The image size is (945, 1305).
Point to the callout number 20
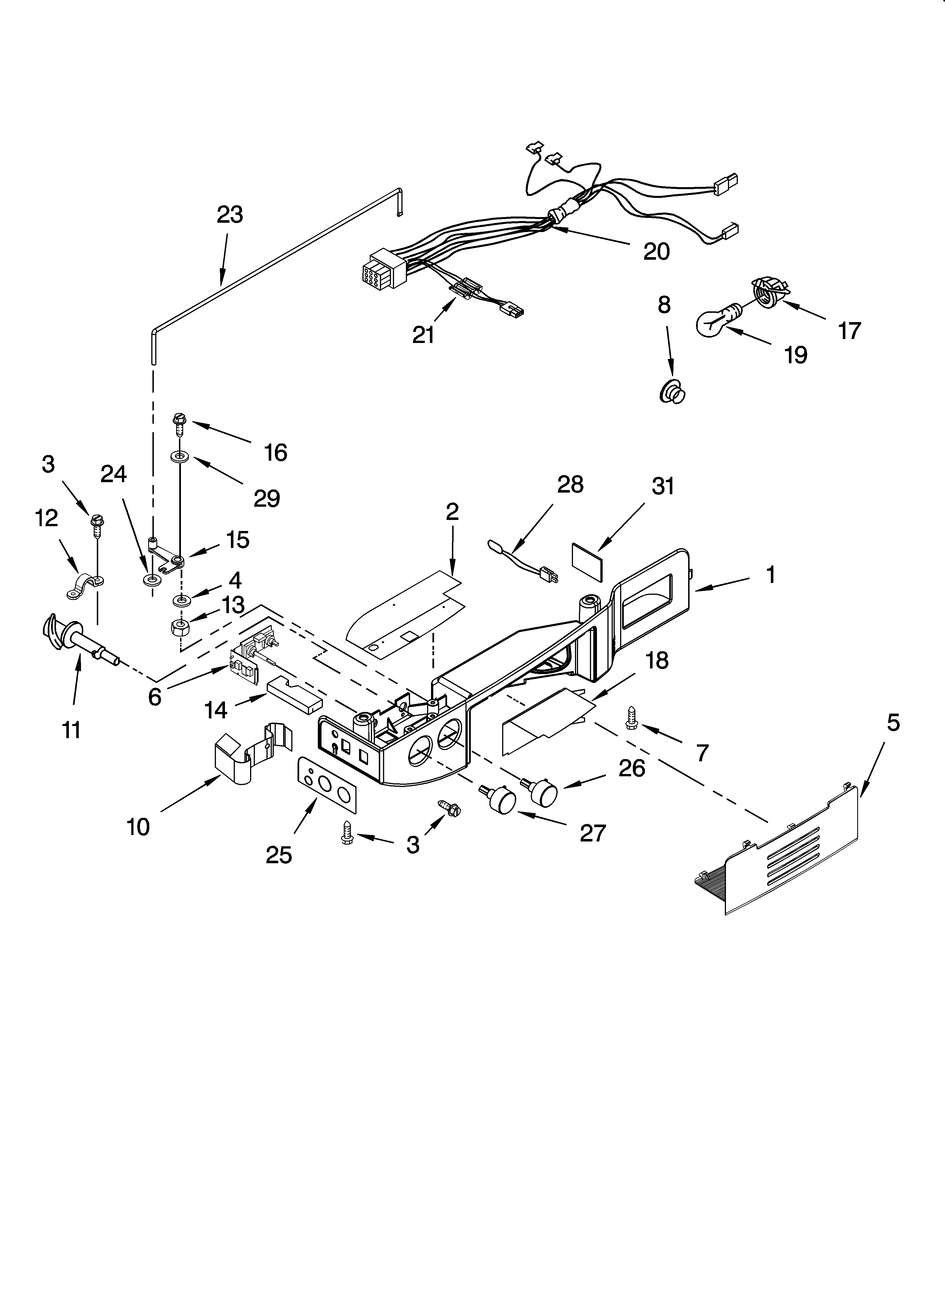pyautogui.click(x=656, y=252)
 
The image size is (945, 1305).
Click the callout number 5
pyautogui.click(x=892, y=723)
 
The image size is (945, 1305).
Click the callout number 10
pyautogui.click(x=138, y=827)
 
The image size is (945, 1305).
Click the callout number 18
pyautogui.click(x=657, y=661)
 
